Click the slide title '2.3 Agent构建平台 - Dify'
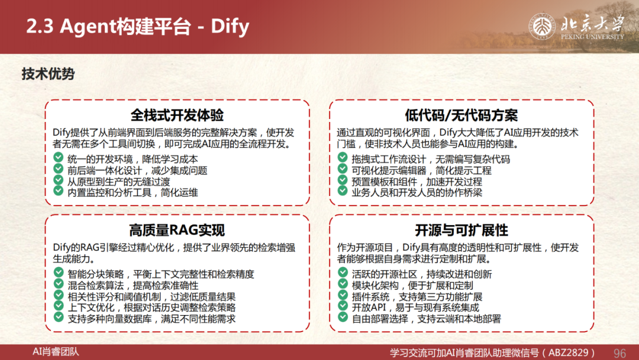pyautogui.click(x=138, y=26)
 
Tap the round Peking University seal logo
pyautogui.click(x=542, y=27)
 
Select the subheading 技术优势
pyautogui.click(x=48, y=74)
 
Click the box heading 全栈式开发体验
pyautogui.click(x=177, y=115)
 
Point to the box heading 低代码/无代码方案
pyautogui.click(x=461, y=115)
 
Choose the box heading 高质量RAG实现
pyautogui.click(x=177, y=230)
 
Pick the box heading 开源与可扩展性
pyautogui.click(x=461, y=230)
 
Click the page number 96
pyautogui.click(x=619, y=353)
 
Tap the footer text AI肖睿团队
pyautogui.click(x=56, y=352)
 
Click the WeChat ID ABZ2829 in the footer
pyautogui.click(x=569, y=353)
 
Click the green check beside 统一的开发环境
pyautogui.click(x=58, y=157)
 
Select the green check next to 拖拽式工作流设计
pyautogui.click(x=343, y=157)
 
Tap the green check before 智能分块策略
pyautogui.click(x=58, y=272)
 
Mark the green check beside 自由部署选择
pyautogui.click(x=343, y=317)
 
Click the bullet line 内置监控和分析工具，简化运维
pyautogui.click(x=133, y=192)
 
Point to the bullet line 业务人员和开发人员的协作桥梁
pyautogui.click(x=417, y=192)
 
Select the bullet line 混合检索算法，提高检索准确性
pyautogui.click(x=133, y=285)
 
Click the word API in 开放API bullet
pyautogui.click(x=377, y=307)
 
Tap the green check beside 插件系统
pyautogui.click(x=343, y=295)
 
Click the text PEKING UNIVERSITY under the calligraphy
pyautogui.click(x=592, y=37)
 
